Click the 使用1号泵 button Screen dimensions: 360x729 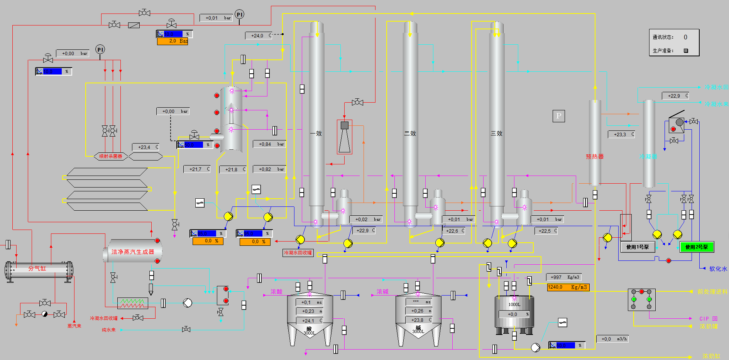click(638, 247)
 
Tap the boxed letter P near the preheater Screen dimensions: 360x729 click(558, 116)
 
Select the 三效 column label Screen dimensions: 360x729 click(497, 134)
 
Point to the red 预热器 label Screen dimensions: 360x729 click(595, 157)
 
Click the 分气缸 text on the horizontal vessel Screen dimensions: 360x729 click(37, 269)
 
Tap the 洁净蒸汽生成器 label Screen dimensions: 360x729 click(133, 252)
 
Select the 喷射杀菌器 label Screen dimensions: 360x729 click(110, 156)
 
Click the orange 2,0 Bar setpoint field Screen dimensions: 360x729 click(173, 41)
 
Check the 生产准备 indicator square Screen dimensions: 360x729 click(686, 51)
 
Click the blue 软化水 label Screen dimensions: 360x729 click(718, 269)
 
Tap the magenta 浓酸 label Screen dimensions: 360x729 click(276, 292)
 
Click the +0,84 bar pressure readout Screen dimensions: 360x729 click(269, 144)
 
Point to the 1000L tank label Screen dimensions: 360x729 click(514, 304)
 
